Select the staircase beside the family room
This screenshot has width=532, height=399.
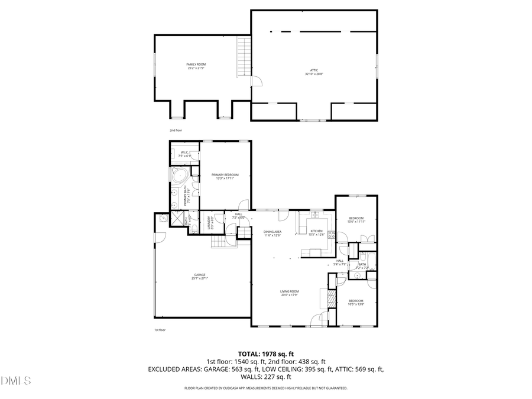pos(244,57)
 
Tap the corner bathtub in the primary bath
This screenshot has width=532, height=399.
pos(179,176)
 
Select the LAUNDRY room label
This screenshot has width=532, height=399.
pos(209,223)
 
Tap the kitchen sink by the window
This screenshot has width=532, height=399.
pos(315,214)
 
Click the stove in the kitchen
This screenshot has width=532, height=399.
pos(332,235)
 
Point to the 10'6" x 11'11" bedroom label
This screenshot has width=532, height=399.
pos(356,219)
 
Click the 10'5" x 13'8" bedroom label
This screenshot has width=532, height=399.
pos(356,303)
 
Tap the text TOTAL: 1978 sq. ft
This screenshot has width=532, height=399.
pos(265,354)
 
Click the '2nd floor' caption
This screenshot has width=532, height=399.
pos(176,129)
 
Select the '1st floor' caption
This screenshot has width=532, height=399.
pos(160,330)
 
